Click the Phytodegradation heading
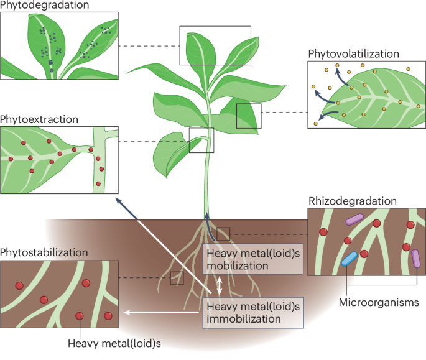click(x=44, y=6)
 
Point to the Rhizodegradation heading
click(x=352, y=201)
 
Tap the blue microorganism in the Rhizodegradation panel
click(x=349, y=259)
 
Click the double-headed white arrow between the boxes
click(x=218, y=285)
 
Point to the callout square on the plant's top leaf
click(x=215, y=45)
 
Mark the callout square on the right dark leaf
click(x=249, y=116)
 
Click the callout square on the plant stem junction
click(x=201, y=140)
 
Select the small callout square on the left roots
click(x=177, y=278)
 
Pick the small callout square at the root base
click(x=223, y=234)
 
